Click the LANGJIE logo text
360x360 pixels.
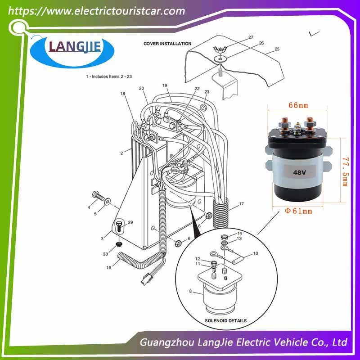[75, 47]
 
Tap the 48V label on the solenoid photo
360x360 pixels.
[299, 172]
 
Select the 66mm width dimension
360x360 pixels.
[298, 105]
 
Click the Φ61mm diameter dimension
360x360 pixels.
[298, 211]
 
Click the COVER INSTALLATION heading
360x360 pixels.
[167, 44]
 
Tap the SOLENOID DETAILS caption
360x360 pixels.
[226, 320]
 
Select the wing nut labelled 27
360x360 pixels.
[220, 49]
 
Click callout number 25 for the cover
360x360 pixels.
[277, 49]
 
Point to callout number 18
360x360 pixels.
[122, 94]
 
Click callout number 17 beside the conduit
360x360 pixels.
[242, 204]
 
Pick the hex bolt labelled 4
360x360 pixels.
[98, 196]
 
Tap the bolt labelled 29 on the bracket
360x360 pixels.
[119, 226]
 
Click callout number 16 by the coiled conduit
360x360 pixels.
[109, 267]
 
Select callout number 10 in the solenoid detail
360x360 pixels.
[256, 253]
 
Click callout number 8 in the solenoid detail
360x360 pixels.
[190, 291]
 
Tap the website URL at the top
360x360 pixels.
[96, 11]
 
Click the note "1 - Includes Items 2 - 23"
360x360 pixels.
[109, 76]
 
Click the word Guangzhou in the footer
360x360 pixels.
[167, 342]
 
